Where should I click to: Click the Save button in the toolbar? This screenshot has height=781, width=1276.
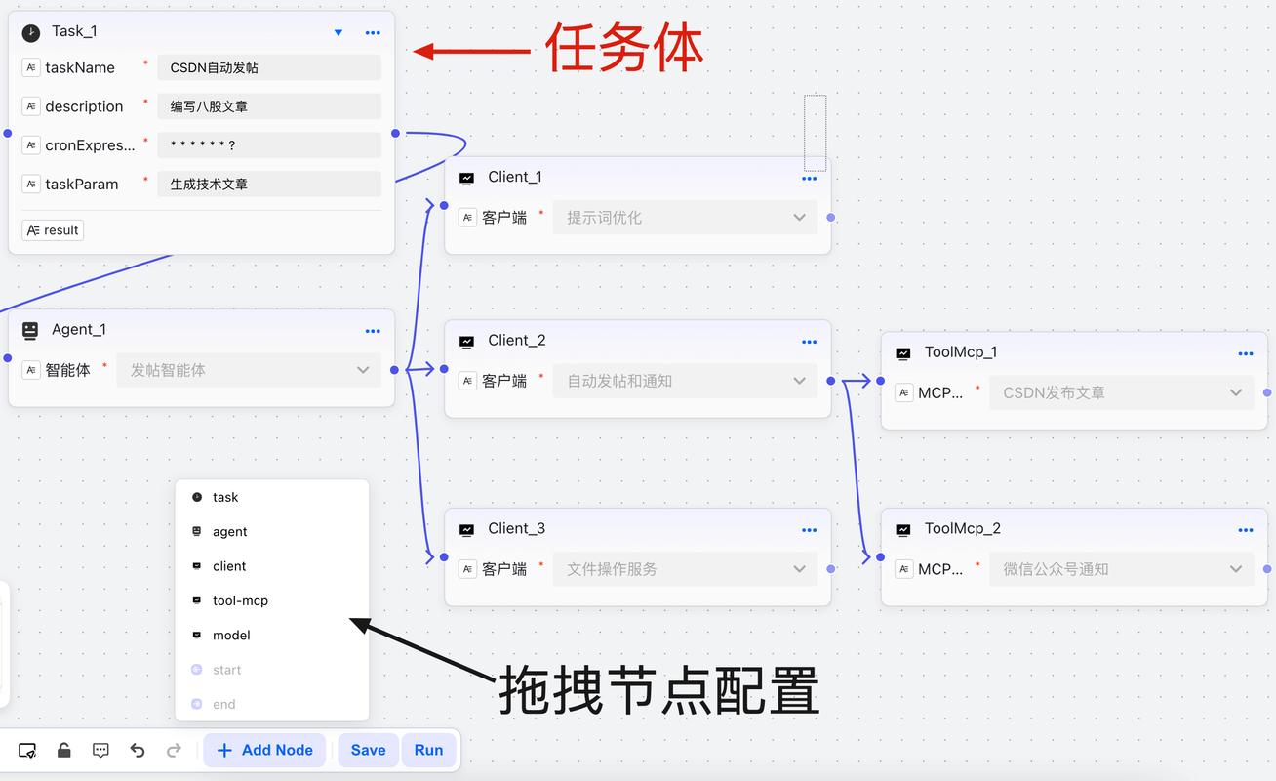click(368, 750)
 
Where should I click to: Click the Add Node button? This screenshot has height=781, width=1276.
click(264, 750)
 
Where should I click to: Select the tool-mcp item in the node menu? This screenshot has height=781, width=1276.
click(240, 600)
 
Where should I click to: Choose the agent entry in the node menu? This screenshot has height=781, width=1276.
click(229, 531)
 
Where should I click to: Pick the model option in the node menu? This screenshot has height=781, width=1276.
click(231, 635)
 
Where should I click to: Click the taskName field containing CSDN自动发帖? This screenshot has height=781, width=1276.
click(268, 67)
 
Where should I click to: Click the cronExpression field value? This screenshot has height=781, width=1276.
click(268, 144)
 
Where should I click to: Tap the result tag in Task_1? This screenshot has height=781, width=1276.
click(53, 230)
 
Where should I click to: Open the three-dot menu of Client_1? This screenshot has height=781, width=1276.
click(809, 179)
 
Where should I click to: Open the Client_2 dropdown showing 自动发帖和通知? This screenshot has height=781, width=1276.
click(685, 381)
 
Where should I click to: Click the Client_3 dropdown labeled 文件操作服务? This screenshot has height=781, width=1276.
click(685, 569)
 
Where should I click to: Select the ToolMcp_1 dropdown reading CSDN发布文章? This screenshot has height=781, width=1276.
click(1121, 392)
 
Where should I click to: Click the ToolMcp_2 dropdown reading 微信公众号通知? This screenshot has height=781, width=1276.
click(1121, 569)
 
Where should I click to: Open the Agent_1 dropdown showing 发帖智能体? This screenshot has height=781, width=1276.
click(249, 370)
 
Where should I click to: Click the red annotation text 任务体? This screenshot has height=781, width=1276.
click(623, 48)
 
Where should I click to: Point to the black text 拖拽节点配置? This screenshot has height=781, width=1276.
click(658, 690)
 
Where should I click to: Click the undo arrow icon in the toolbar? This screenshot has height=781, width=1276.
click(138, 750)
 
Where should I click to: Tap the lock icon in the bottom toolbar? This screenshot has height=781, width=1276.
click(63, 750)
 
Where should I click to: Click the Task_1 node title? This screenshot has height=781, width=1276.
click(74, 31)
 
